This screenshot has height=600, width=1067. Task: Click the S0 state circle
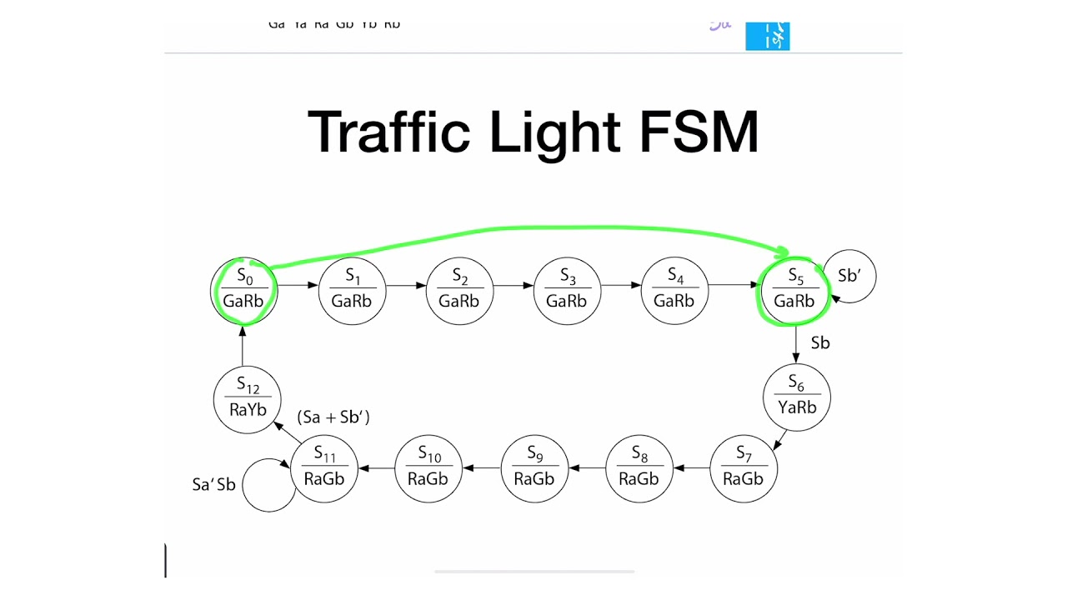[x=243, y=290]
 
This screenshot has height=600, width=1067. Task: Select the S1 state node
[x=352, y=291]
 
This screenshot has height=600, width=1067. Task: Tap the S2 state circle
[x=459, y=291]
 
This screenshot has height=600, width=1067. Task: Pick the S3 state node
[x=567, y=291]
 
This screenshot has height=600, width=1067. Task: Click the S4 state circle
[x=674, y=291]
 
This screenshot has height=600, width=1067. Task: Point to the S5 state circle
[x=794, y=291]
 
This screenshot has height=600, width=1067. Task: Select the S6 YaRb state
[x=797, y=397]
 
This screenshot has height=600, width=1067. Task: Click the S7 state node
[x=744, y=468]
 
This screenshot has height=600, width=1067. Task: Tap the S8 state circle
[x=639, y=468]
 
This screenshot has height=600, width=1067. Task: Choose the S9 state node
[x=534, y=468]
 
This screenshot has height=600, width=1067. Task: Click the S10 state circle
[x=428, y=468]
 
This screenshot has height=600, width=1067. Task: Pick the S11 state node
[x=324, y=468]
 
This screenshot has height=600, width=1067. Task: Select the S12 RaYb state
[x=248, y=399]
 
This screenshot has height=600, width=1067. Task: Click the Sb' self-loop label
[x=849, y=277]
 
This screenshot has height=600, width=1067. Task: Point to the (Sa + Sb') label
[x=333, y=417]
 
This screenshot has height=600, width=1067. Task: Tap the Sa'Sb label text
[x=214, y=485]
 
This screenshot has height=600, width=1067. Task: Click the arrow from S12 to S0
[x=243, y=345]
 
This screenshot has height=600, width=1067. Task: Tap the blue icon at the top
[x=767, y=36]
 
